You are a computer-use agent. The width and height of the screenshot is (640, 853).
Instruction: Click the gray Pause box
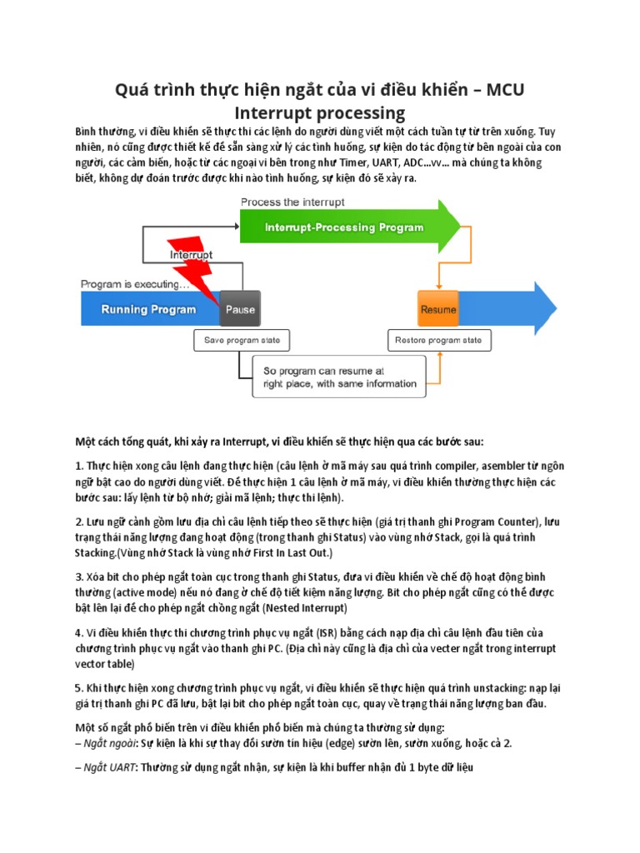tap(240, 309)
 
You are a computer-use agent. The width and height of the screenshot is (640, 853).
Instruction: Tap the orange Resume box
tap(438, 309)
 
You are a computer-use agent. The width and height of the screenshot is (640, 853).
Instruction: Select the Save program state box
tap(242, 340)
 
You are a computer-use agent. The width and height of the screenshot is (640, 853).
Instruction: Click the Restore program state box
tap(438, 340)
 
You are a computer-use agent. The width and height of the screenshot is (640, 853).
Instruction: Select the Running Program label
tap(148, 309)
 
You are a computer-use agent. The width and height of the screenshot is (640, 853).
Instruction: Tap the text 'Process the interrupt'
tap(292, 202)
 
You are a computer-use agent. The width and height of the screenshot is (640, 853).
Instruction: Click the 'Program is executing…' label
tap(135, 284)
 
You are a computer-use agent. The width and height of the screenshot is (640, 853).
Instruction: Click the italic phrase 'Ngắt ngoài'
tap(108, 742)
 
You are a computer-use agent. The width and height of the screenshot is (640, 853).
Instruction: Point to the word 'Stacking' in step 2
tap(96, 552)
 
